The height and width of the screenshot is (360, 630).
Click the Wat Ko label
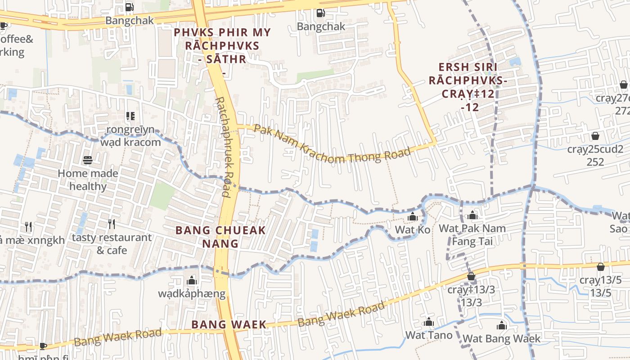click(x=412, y=229)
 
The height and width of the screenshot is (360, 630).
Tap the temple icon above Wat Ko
click(x=412, y=217)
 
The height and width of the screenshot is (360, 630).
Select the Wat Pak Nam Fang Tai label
click(x=472, y=234)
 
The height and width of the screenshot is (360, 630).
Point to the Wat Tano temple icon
click(x=428, y=322)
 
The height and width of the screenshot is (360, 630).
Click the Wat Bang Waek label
click(x=501, y=338)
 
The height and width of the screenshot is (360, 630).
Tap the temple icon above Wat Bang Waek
click(x=501, y=326)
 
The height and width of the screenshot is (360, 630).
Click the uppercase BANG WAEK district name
click(x=229, y=324)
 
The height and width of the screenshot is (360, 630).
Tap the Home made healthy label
click(x=88, y=180)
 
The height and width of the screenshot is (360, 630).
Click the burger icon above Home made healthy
click(x=88, y=160)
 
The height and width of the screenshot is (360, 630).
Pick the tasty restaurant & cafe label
click(x=112, y=243)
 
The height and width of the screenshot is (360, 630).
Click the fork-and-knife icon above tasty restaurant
click(x=112, y=224)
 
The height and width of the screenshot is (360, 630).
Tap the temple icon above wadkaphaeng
click(x=192, y=281)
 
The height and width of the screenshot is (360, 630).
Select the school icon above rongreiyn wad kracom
click(x=130, y=116)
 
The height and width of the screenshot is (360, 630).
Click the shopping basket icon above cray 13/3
click(x=471, y=276)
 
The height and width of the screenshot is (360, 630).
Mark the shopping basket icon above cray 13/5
click(x=600, y=267)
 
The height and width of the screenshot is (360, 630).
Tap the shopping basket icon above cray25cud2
click(x=595, y=136)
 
